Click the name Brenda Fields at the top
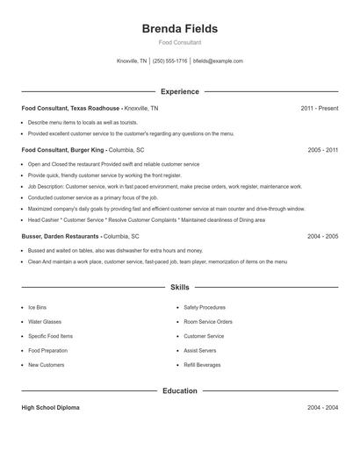tap(179, 28)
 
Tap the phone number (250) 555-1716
tap(169, 61)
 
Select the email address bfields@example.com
tap(218, 61)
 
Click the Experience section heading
tap(179, 91)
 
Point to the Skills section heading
tap(179, 287)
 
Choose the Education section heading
tap(179, 390)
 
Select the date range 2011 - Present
tap(319, 108)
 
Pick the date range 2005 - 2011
tap(323, 150)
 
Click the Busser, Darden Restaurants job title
tap(61, 236)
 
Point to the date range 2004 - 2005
tap(323, 236)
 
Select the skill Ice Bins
tap(38, 308)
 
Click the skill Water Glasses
tap(44, 322)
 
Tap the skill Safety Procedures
tap(205, 308)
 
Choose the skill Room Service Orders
tap(208, 322)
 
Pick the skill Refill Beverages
tap(202, 365)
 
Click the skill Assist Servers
tap(200, 351)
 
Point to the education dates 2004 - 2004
tap(323, 408)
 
